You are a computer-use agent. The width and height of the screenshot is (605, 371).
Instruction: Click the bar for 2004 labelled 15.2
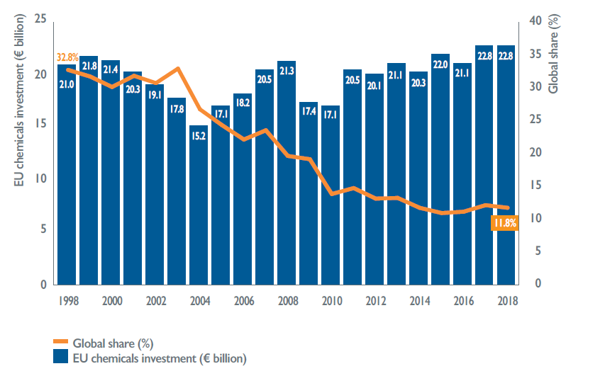[199, 205]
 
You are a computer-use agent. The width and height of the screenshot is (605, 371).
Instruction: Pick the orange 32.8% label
[67, 58]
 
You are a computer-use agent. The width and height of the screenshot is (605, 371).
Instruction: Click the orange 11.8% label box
[504, 223]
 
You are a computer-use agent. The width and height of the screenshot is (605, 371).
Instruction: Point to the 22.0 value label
[441, 64]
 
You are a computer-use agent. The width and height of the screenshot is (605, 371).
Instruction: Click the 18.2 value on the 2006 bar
[243, 103]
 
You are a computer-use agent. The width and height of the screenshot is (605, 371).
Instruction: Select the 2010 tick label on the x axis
[331, 299]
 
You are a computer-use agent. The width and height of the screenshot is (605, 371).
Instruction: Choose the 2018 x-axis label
[506, 299]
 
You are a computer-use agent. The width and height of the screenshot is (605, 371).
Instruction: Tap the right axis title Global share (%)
[554, 50]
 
